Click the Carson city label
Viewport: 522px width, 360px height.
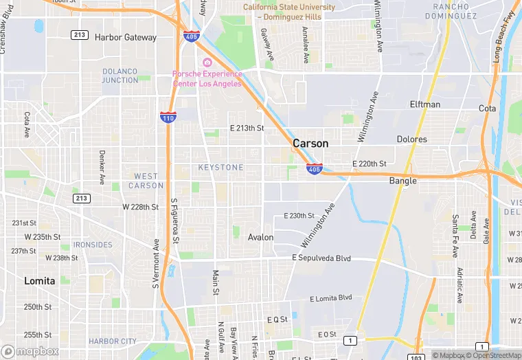(x=310, y=144)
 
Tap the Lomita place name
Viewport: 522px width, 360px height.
(x=39, y=281)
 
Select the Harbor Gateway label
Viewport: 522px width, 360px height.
(x=126, y=37)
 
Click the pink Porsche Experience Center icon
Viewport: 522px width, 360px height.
(x=207, y=63)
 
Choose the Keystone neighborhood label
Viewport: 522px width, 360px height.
(x=220, y=168)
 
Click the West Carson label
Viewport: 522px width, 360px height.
(x=146, y=181)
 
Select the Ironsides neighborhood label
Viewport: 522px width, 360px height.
(x=93, y=245)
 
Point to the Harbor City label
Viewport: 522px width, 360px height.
(x=113, y=341)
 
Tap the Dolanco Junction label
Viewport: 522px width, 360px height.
(x=120, y=76)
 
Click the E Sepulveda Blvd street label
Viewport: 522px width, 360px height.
(x=321, y=258)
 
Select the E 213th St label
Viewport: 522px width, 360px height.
(x=247, y=128)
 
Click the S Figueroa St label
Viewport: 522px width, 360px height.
(x=174, y=221)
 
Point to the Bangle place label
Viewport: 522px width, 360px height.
(x=403, y=181)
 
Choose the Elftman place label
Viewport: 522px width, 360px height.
(x=425, y=104)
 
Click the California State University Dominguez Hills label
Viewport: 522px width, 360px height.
(x=289, y=11)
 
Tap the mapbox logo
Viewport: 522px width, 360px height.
(x=31, y=351)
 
